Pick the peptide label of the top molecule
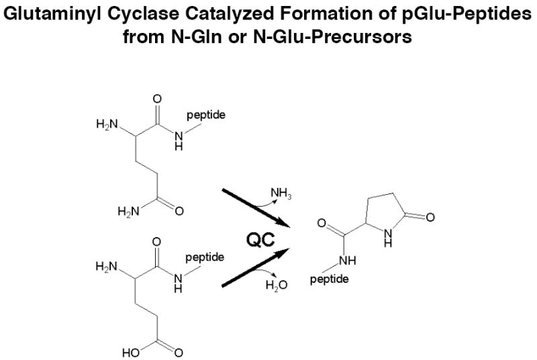coord(207,116)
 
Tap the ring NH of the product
coord(388,238)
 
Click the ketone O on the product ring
coord(430,217)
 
